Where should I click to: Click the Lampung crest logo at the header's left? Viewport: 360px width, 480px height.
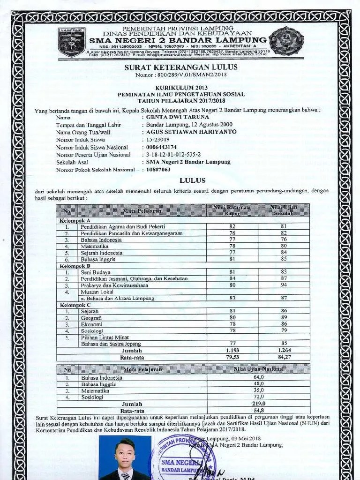71,41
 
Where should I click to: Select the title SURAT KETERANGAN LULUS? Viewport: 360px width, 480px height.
181,67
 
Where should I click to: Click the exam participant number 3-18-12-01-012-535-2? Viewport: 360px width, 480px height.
174,154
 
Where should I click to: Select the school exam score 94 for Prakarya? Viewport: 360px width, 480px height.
283,285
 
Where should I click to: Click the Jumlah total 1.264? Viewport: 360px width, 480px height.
283,350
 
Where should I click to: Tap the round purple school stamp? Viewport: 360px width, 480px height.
185,459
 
